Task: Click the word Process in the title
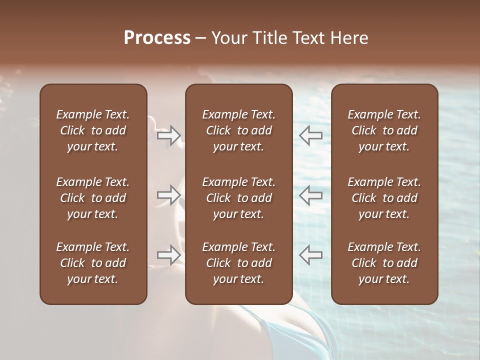coord(157,38)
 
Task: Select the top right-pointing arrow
coord(168,135)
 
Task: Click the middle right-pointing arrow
coord(168,195)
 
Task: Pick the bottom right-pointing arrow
coord(168,255)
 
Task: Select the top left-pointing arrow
coord(311,135)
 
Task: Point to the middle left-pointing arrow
coord(311,195)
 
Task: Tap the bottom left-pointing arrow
coord(311,255)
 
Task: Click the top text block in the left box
coord(93,130)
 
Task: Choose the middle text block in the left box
coord(93,198)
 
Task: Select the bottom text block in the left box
coord(93,263)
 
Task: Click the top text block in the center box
coord(238,130)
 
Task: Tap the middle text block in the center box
coord(238,198)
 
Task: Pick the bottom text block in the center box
coord(238,263)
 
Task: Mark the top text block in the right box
coord(384,130)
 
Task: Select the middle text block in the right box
coord(384,198)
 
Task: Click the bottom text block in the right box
coord(384,263)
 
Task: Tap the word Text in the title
coord(309,38)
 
